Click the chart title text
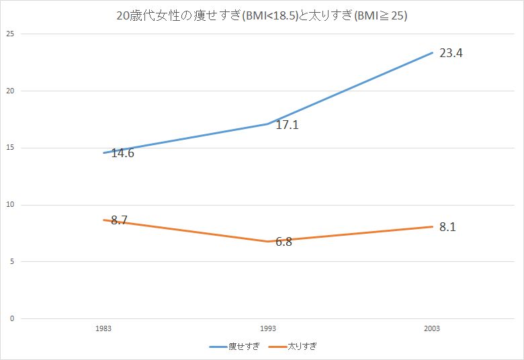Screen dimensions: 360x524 point(262,15)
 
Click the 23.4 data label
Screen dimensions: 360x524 point(451,53)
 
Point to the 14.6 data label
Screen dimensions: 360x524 point(123,153)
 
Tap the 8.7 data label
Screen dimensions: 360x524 point(120,220)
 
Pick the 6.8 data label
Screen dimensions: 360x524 point(283,241)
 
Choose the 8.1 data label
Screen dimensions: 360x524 point(447,227)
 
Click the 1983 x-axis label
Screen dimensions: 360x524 point(103,329)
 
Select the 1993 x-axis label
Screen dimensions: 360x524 point(267,329)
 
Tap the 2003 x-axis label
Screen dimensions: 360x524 point(432,329)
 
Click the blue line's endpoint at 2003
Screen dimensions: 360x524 point(432,52)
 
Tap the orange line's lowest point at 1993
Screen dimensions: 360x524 point(267,241)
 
